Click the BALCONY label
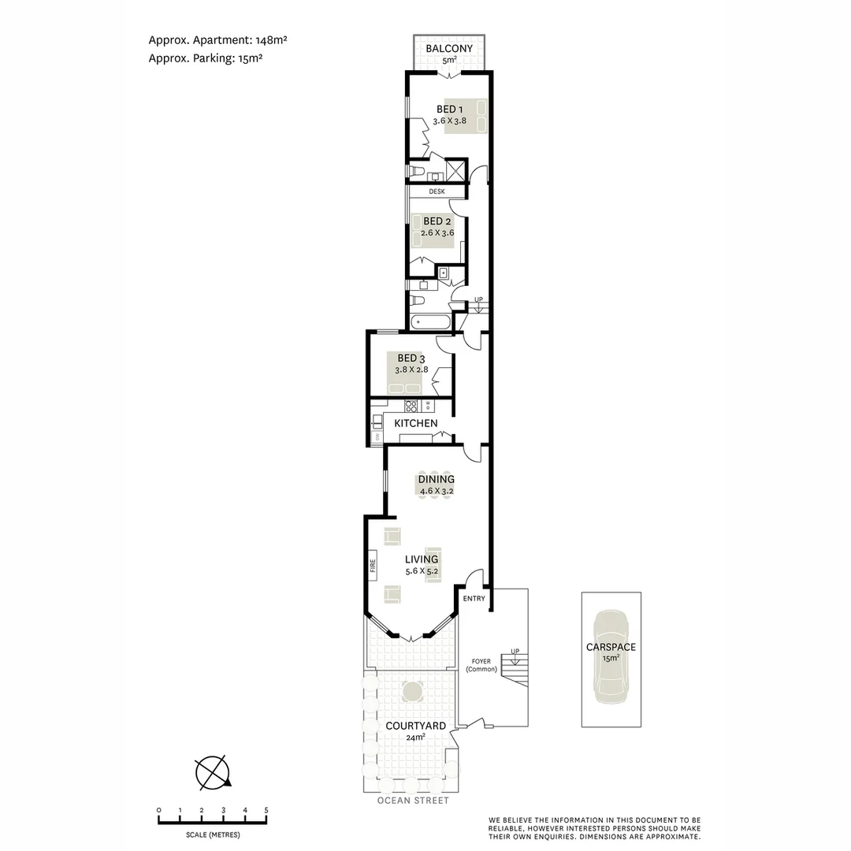pos(449,49)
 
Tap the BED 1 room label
pos(450,109)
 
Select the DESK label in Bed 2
pos(437,191)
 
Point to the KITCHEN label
pos(416,424)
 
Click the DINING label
pos(437,479)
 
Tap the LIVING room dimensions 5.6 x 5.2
pos(422,571)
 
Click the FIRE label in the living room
pos(373,564)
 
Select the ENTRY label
pos(474,599)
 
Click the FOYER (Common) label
pos(481,665)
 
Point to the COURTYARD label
pos(416,726)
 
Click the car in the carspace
pos(611,657)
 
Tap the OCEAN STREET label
pos(413,801)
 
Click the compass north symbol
pos(213,772)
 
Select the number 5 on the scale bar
pos(266,810)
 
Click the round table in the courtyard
pos(412,692)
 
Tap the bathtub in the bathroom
pos(430,322)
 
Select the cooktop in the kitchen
pos(411,407)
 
